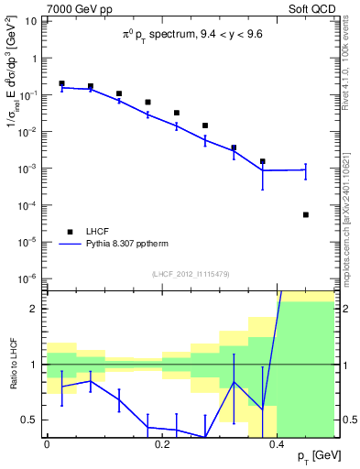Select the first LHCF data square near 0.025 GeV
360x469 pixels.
(61, 83)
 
